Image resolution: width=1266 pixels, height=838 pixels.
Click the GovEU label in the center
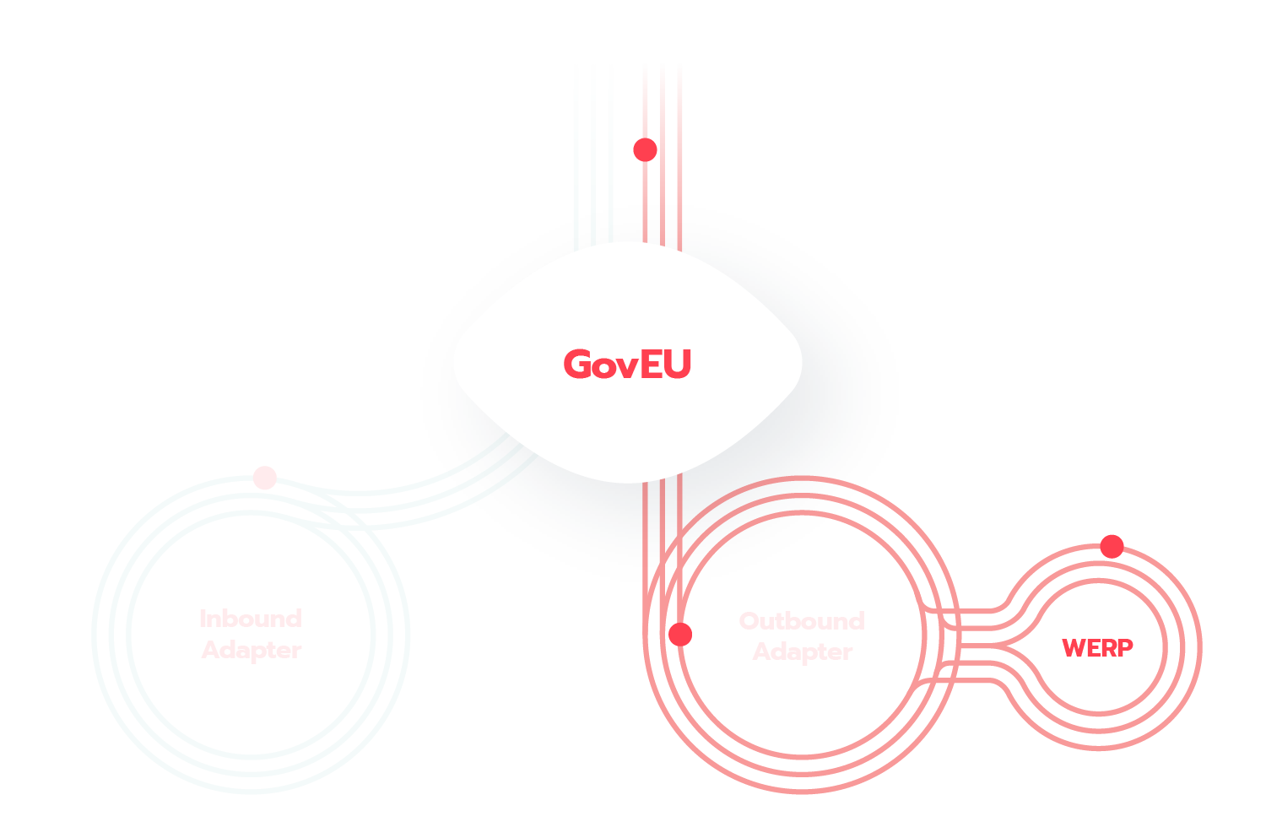(627, 365)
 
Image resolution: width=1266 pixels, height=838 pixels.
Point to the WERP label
(1097, 648)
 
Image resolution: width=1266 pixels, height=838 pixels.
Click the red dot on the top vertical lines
(645, 149)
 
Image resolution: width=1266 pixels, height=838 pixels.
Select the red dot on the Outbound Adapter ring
(680, 634)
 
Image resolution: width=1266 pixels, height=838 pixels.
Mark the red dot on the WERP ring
(1112, 546)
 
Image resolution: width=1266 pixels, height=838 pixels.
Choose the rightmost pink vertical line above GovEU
(680, 152)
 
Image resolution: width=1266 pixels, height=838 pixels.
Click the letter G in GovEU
(577, 365)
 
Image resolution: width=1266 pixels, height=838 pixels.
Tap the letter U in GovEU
(678, 365)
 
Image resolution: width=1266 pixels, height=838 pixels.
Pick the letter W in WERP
(1074, 648)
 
